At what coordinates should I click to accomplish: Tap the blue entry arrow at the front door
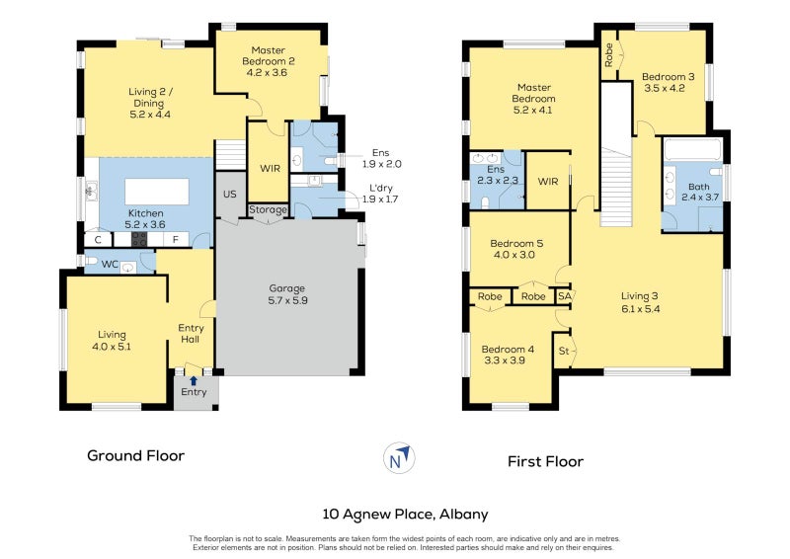click(194, 379)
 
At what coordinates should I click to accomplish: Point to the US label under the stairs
click(230, 194)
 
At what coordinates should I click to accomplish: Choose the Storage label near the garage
click(268, 210)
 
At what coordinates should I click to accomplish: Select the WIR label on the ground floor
click(271, 168)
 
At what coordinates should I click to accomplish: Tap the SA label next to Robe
click(565, 296)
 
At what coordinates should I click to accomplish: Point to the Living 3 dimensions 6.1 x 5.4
click(640, 309)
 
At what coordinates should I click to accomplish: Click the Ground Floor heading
click(135, 455)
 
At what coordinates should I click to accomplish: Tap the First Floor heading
click(545, 461)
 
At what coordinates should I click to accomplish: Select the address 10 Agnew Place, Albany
click(406, 514)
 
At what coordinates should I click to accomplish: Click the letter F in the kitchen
click(176, 239)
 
